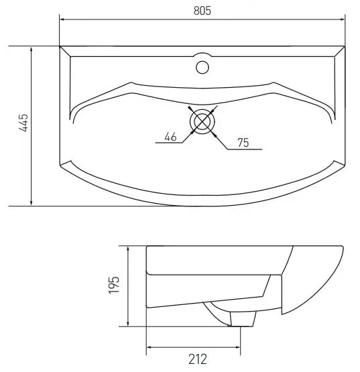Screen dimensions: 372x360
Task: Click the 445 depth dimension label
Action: tap(23, 125)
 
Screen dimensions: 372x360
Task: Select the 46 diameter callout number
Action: tap(170, 137)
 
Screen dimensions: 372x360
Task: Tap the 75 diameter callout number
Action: tap(242, 141)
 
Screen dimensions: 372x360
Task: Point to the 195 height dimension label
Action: tap(114, 286)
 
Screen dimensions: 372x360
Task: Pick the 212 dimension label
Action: tap(196, 359)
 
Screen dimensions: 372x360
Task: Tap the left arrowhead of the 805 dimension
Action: tap(62, 19)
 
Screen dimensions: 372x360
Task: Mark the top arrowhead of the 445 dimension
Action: tap(31, 49)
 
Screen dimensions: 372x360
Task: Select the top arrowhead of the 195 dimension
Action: tap(128, 248)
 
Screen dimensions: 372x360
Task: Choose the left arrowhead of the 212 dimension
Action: tap(149, 347)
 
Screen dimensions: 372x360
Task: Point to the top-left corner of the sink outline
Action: tap(60, 46)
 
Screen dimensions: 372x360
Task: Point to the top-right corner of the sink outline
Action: tap(344, 46)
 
